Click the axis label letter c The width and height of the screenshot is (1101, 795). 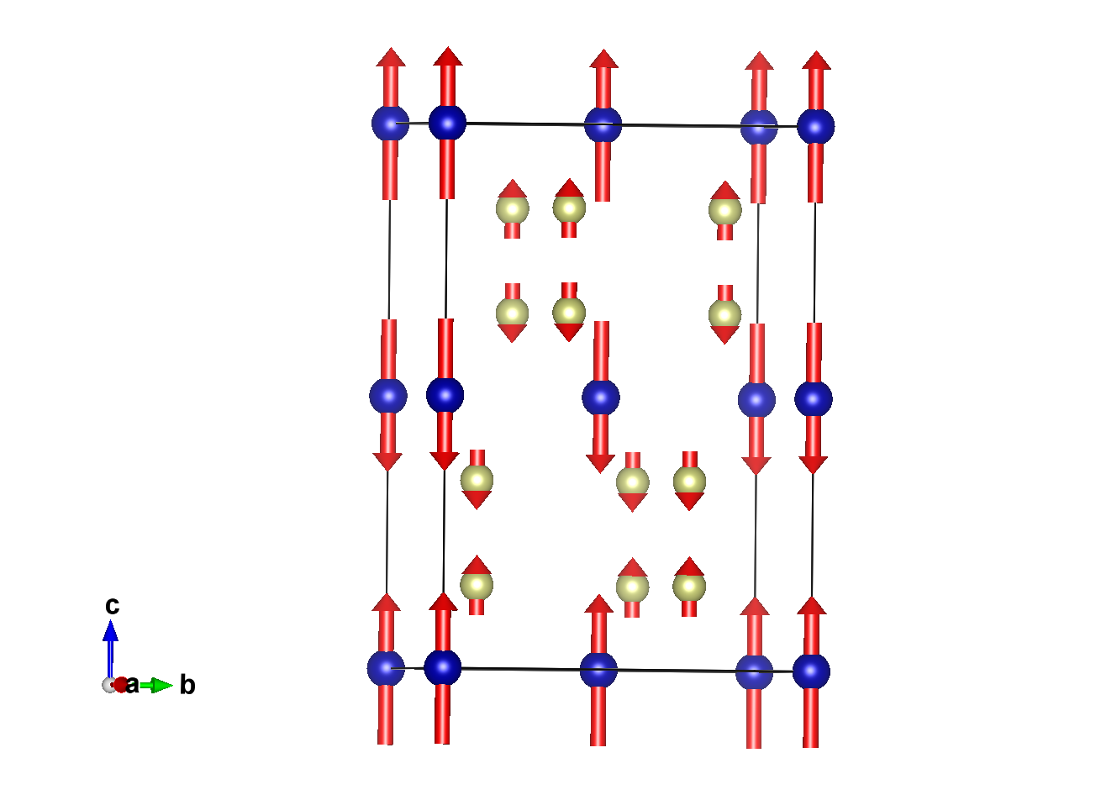pyautogui.click(x=112, y=605)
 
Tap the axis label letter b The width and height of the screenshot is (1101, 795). pyautogui.click(x=187, y=686)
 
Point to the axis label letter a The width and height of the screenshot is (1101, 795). pyautogui.click(x=132, y=685)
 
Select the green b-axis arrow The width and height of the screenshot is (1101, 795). pyautogui.click(x=155, y=686)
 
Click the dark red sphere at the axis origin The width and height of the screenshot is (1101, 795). pyautogui.click(x=121, y=684)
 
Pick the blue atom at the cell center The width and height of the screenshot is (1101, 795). pyautogui.click(x=601, y=397)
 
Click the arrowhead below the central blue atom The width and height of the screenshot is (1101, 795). pyautogui.click(x=600, y=463)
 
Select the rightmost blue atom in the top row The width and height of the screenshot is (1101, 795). pyautogui.click(x=815, y=127)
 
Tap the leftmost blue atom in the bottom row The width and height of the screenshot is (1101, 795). pyautogui.click(x=386, y=668)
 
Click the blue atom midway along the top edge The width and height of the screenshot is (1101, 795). pyautogui.click(x=603, y=125)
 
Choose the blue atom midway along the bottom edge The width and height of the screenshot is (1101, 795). pyautogui.click(x=598, y=670)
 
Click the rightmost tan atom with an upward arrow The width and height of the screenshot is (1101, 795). pyautogui.click(x=724, y=210)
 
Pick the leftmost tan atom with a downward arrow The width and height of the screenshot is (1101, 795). pyautogui.click(x=477, y=479)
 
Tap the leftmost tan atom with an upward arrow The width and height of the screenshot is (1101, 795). pyautogui.click(x=477, y=584)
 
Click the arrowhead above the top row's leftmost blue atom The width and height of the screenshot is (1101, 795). pyautogui.click(x=390, y=57)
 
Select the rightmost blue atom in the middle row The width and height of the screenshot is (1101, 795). pyautogui.click(x=813, y=399)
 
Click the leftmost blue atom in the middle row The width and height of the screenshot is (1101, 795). pyautogui.click(x=388, y=396)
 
